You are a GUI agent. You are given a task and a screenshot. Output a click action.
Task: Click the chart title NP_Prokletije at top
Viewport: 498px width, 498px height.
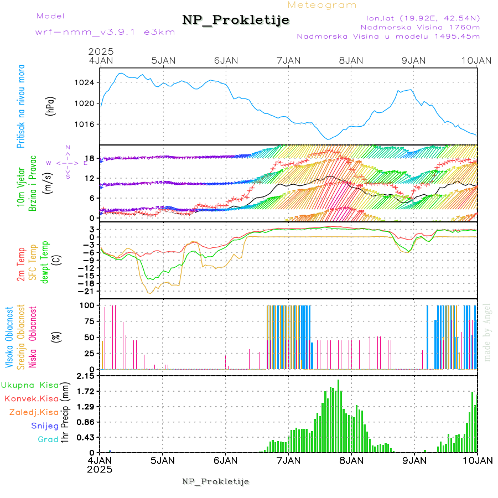[x=236, y=20]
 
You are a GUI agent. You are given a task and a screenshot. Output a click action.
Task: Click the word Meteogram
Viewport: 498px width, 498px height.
[x=323, y=5]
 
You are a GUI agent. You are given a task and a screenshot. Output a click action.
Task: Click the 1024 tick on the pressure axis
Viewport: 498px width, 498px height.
[x=85, y=82]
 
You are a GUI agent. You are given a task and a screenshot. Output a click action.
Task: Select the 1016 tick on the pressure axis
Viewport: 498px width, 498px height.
[x=85, y=123]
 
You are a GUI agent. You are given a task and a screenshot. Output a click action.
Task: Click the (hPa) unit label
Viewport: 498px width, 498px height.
[x=51, y=106]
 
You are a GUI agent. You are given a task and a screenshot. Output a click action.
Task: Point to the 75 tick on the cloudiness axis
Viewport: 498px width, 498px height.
[x=88, y=321]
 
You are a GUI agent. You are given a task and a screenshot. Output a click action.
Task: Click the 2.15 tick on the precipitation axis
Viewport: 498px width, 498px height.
[x=85, y=376]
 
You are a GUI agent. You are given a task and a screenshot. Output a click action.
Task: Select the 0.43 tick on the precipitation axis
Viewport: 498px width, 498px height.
[x=85, y=438]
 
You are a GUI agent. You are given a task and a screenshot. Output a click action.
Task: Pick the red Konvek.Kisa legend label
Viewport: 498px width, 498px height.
[x=31, y=398]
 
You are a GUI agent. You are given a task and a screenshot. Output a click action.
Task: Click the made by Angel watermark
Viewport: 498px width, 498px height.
[x=487, y=332]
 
